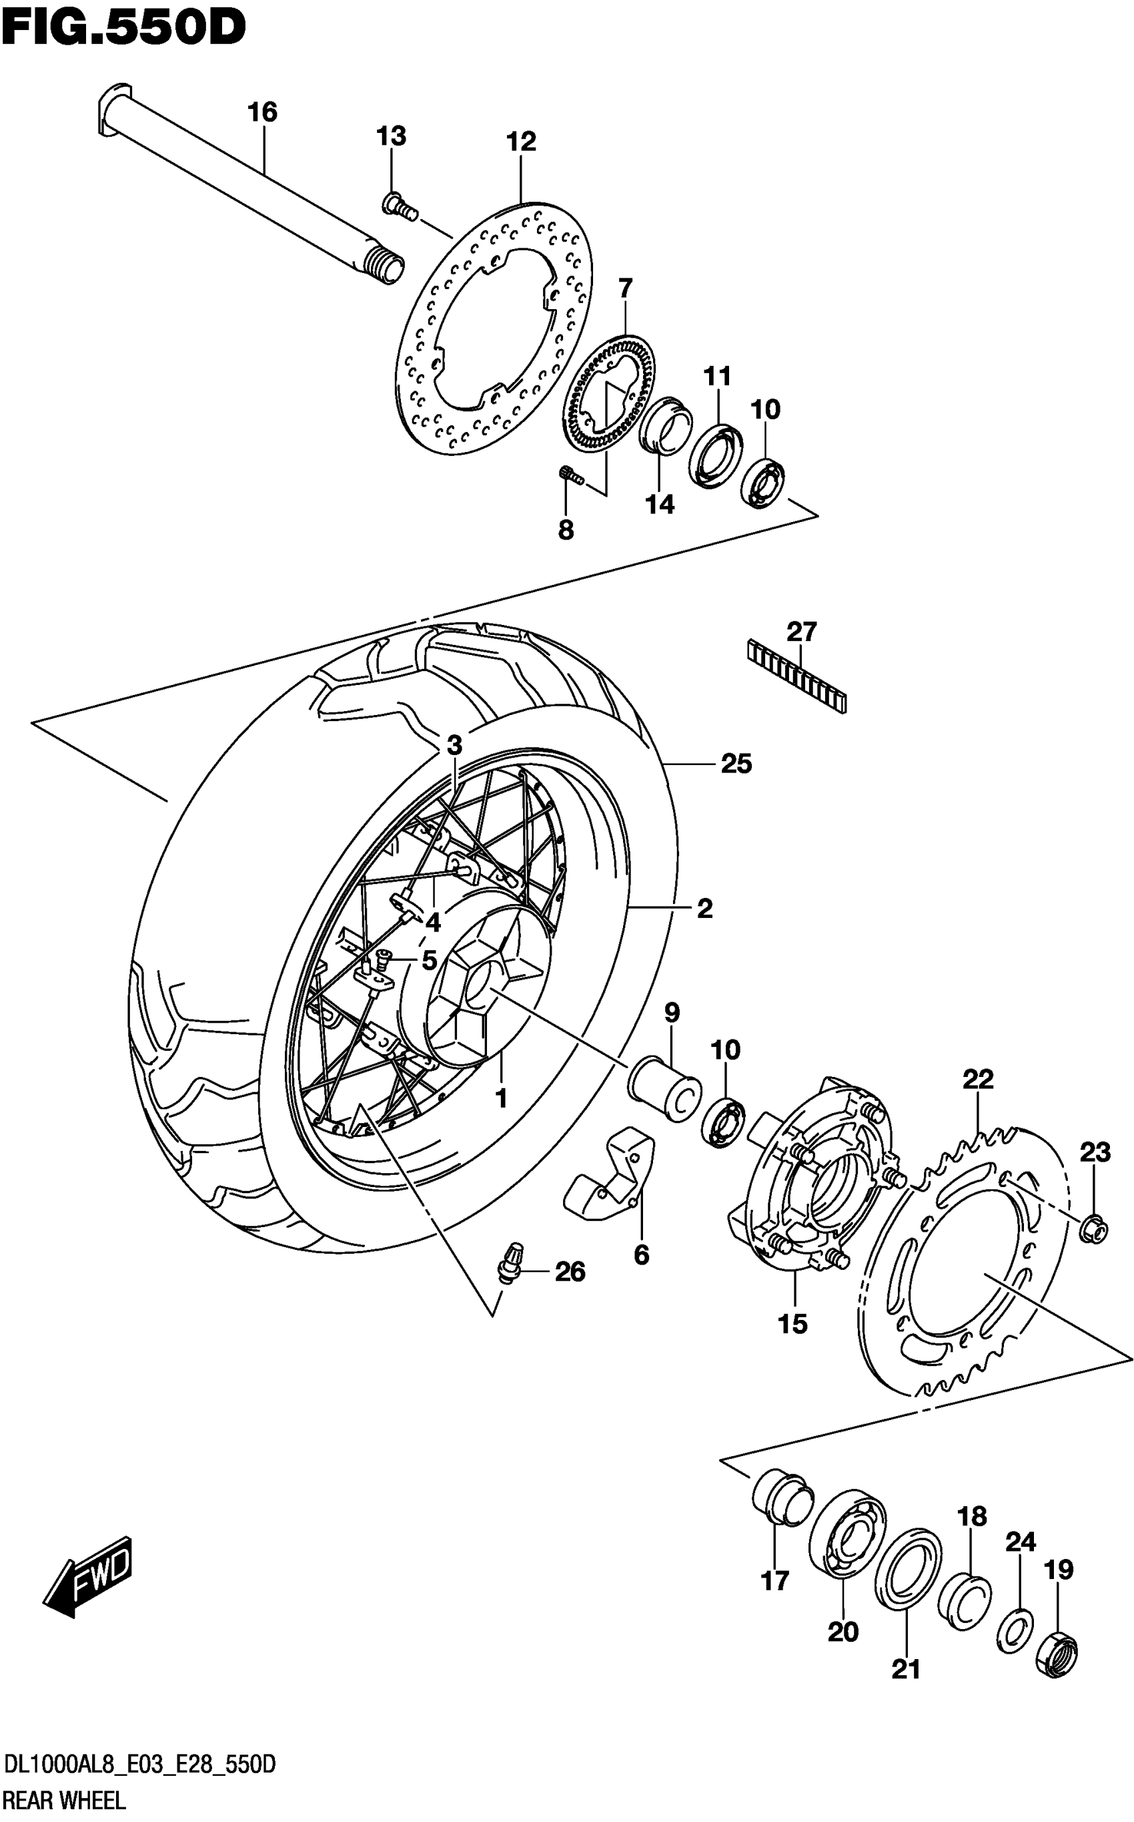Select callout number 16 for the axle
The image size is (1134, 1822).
(263, 113)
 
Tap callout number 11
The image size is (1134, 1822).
(717, 376)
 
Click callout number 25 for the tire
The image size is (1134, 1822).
(736, 764)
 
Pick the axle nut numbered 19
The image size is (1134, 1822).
(1057, 1652)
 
